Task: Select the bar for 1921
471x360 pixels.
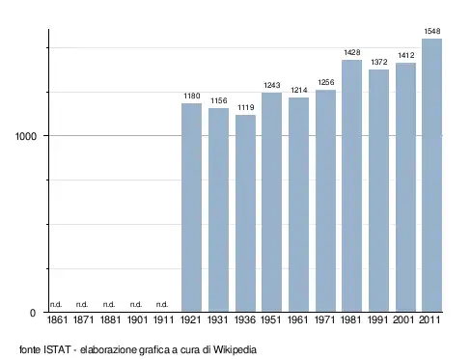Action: (x=191, y=208)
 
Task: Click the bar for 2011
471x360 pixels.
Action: (x=431, y=175)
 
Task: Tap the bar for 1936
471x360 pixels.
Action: (x=245, y=213)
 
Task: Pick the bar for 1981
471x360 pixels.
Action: (x=351, y=185)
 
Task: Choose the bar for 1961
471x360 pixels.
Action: (x=298, y=205)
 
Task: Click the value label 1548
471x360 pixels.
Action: (x=432, y=31)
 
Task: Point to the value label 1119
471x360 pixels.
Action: (x=246, y=107)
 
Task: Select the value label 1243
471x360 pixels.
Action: (x=272, y=85)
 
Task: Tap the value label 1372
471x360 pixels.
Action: (x=379, y=62)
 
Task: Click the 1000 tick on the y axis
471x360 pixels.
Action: (x=26, y=136)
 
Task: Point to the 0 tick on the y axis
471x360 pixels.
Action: (x=33, y=313)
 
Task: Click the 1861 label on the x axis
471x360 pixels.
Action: (x=57, y=319)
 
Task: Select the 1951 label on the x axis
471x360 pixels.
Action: (x=271, y=319)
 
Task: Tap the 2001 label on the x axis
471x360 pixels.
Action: (x=403, y=319)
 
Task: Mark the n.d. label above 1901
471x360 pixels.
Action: (x=136, y=304)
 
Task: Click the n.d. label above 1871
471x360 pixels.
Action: (x=82, y=304)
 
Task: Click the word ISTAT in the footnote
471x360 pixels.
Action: (x=57, y=349)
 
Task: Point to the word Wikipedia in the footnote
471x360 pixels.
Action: (x=235, y=349)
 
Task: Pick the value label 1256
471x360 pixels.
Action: (x=326, y=82)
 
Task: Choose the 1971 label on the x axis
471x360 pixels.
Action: (x=324, y=319)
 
